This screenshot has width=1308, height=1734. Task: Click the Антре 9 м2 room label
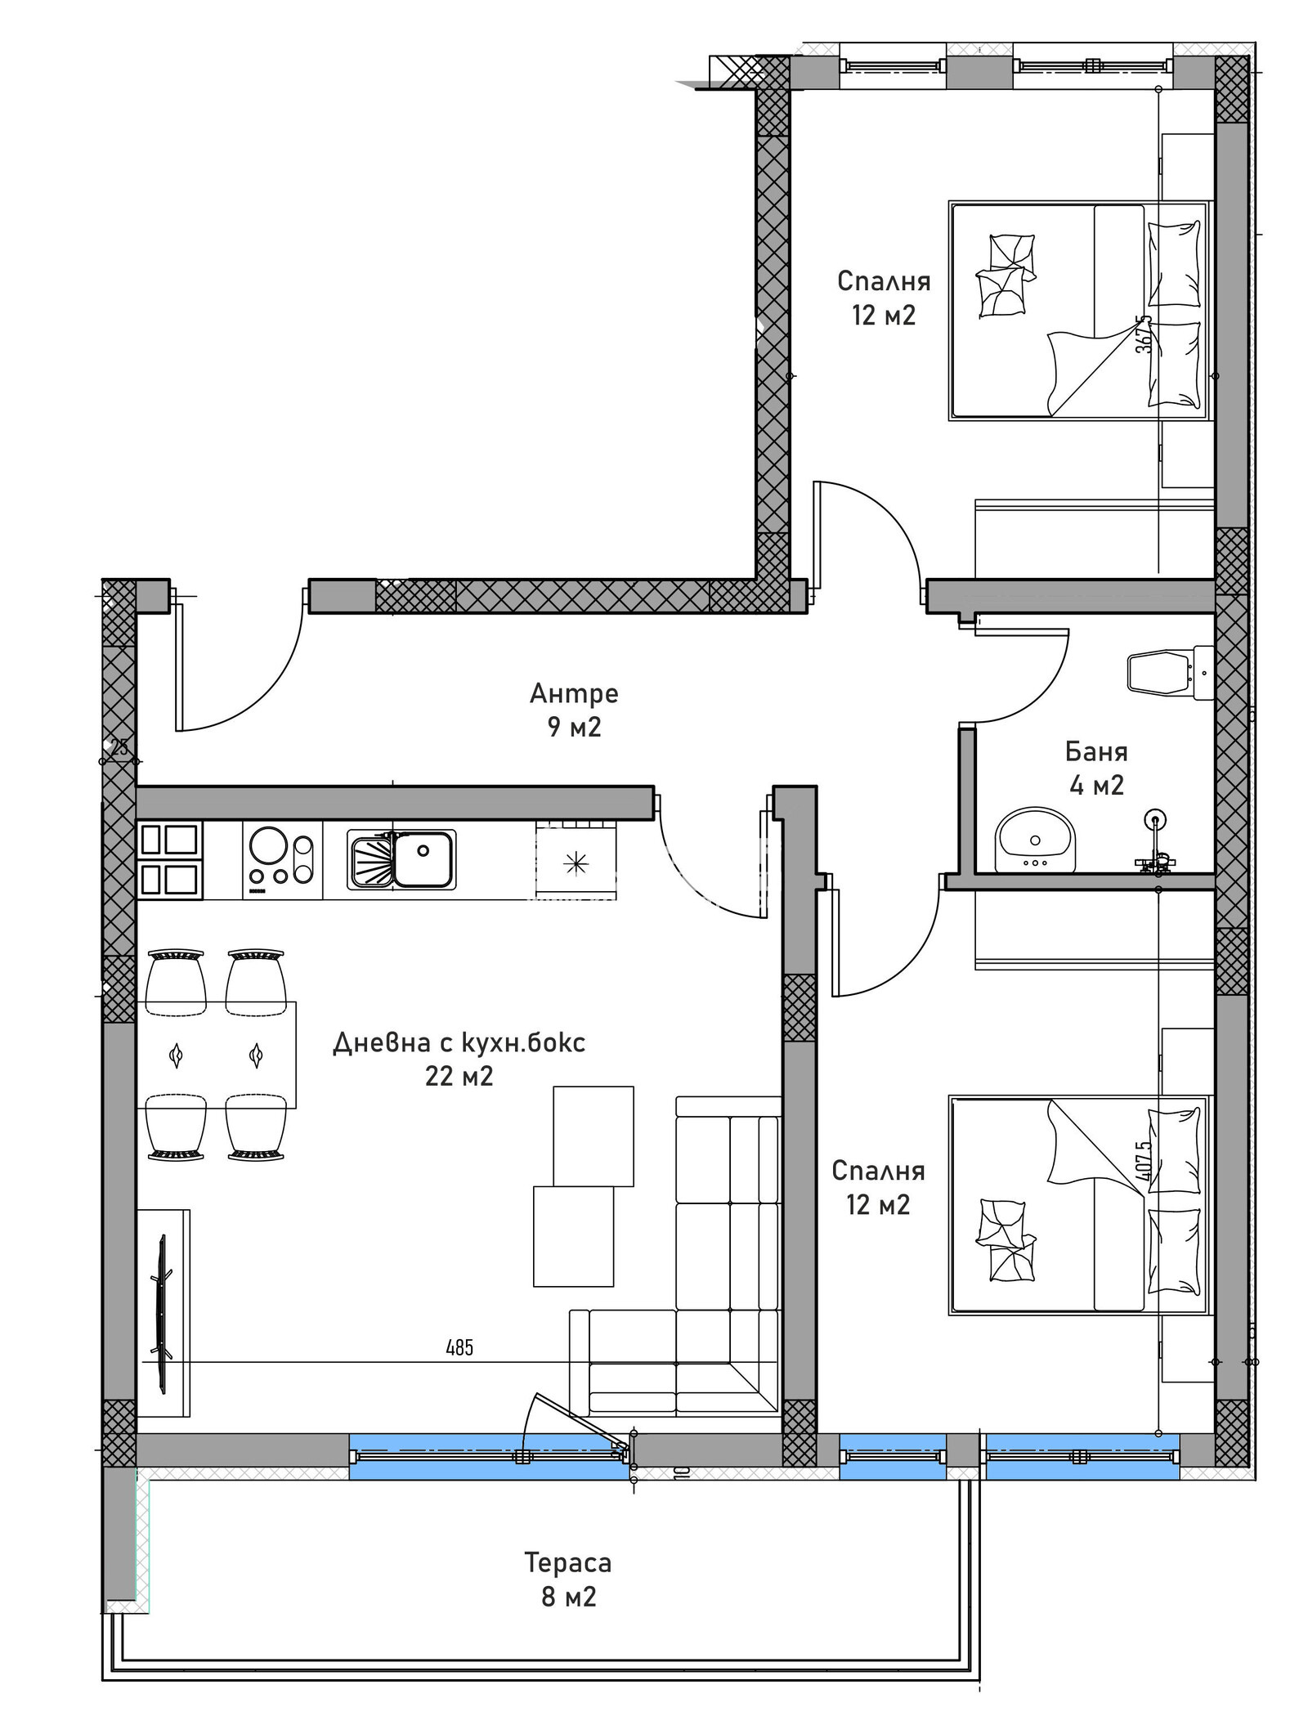point(574,710)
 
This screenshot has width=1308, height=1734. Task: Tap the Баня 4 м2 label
point(1096,768)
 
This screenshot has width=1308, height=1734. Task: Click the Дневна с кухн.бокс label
point(459,1043)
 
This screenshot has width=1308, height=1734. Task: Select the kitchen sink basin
point(423,858)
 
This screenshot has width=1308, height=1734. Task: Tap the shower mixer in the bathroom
point(1153,850)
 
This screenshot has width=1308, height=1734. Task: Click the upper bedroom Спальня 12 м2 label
point(884,298)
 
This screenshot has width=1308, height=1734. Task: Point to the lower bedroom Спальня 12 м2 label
point(878,1187)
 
